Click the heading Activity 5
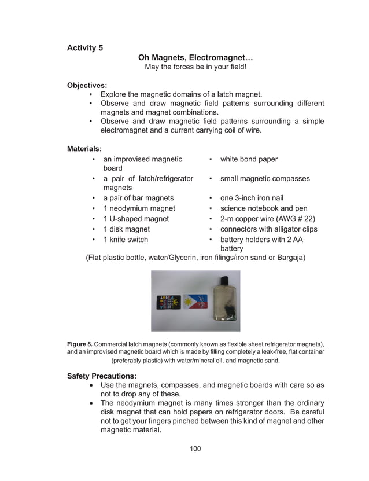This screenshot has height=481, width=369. click(x=85, y=47)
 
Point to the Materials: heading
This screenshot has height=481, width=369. click(x=84, y=149)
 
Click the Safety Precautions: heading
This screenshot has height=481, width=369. click(x=102, y=376)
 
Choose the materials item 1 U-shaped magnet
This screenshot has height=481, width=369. click(x=136, y=219)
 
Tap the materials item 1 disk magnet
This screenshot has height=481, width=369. click(x=126, y=229)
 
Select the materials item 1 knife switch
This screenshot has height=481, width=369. click(x=126, y=240)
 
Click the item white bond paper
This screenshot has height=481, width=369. click(x=249, y=159)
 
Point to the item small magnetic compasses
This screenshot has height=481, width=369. click(x=265, y=179)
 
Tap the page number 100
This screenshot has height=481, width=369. click(x=195, y=449)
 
